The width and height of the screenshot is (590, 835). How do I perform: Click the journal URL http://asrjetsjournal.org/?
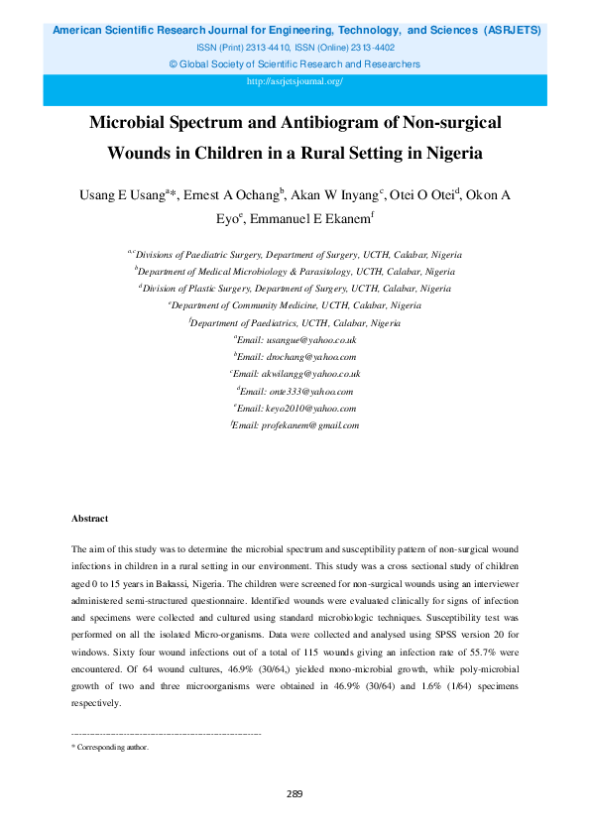click(295, 80)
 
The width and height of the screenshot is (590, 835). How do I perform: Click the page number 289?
click(295, 793)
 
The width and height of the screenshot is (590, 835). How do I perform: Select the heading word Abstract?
click(90, 519)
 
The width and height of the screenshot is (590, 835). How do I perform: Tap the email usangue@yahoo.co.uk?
click(295, 339)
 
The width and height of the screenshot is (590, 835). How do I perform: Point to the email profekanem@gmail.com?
click(295, 424)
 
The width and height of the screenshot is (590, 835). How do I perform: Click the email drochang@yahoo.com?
click(295, 356)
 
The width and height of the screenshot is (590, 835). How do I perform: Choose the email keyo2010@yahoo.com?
click(295, 408)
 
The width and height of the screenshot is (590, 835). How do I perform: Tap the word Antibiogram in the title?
click(329, 124)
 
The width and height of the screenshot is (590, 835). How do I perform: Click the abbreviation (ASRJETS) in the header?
click(513, 31)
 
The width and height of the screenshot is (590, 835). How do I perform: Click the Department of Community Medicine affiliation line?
click(295, 305)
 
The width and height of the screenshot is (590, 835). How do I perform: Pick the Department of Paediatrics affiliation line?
click(295, 322)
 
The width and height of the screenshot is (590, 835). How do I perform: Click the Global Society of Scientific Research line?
click(295, 63)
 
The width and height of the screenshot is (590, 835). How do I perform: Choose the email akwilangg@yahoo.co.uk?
click(295, 374)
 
